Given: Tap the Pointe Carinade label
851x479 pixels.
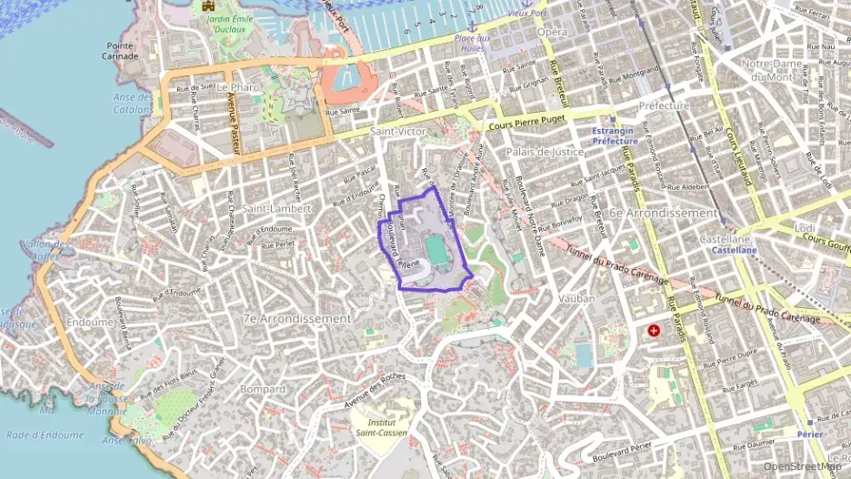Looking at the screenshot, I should point(121,50).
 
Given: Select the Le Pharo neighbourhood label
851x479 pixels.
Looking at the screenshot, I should point(239,86).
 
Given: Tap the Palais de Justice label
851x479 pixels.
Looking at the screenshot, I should point(545,152).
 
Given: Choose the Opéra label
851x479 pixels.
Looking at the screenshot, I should point(552,32).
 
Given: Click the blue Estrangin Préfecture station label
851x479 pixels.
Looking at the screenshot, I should point(616,135).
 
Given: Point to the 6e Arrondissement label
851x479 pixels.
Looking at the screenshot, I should point(666,213).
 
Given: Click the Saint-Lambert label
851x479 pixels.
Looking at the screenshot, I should point(276,208).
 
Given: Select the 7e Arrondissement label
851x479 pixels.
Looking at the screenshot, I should point(296,319).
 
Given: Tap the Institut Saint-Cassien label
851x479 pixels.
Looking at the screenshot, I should point(381,426).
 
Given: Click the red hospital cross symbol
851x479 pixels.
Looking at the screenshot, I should point(654,330).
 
